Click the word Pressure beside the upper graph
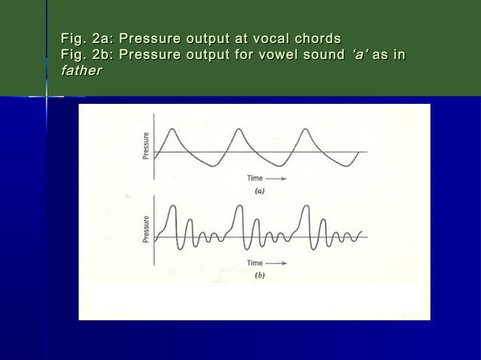(x=146, y=146)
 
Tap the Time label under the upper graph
(x=254, y=178)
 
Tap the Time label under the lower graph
(x=254, y=264)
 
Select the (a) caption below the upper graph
(x=259, y=191)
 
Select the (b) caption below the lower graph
(x=259, y=276)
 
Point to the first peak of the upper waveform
(x=171, y=130)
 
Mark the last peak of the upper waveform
(x=307, y=130)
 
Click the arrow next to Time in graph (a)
(x=277, y=178)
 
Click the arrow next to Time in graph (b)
(x=277, y=264)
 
